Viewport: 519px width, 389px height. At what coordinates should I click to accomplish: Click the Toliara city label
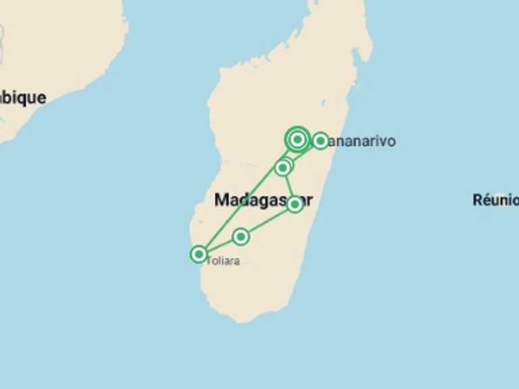(222, 261)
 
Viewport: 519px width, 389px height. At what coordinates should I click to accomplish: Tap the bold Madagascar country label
(263, 201)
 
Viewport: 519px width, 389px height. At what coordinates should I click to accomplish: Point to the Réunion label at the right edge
(495, 200)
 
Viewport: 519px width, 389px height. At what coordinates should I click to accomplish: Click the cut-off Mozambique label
(23, 97)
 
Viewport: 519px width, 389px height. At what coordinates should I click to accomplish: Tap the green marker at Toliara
(198, 254)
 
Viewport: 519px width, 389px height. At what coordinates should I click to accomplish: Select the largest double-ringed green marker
(297, 139)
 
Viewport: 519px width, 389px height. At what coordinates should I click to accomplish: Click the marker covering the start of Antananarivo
(320, 140)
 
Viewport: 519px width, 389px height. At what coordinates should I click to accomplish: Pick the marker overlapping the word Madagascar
(295, 203)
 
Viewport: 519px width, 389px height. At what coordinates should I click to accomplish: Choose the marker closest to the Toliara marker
(241, 236)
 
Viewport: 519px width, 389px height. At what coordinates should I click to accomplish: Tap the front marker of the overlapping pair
(282, 167)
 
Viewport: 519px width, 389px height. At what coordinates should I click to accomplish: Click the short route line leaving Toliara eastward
(219, 245)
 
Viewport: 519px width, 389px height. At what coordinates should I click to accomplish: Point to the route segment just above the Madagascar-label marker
(289, 186)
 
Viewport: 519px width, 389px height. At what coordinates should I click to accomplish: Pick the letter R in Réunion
(477, 200)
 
